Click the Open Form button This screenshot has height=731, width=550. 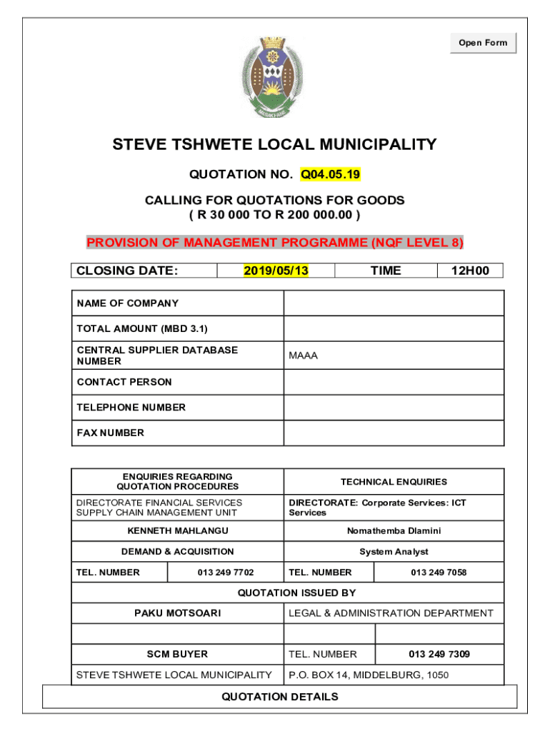(x=483, y=43)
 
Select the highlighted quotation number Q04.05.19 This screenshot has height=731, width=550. (x=330, y=174)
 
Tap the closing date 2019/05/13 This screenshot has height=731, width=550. (x=276, y=271)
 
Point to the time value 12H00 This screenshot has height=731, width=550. (x=469, y=271)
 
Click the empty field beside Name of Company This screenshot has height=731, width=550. (x=394, y=303)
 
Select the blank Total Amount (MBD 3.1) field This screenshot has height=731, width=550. (x=394, y=328)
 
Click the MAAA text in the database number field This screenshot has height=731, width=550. (x=304, y=356)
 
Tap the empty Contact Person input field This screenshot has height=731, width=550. (x=394, y=382)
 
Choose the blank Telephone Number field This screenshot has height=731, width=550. (x=394, y=408)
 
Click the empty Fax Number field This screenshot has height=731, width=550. (x=394, y=433)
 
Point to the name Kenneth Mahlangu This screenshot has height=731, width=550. (x=178, y=531)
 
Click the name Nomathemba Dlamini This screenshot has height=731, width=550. (x=394, y=531)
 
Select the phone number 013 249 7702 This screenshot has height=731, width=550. (x=226, y=573)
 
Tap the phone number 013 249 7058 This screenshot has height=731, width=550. (x=439, y=573)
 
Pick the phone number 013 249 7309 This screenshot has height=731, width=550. (x=439, y=654)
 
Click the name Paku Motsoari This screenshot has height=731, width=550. (x=178, y=613)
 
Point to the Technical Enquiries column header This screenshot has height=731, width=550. (x=394, y=482)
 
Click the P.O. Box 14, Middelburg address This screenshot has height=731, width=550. (x=369, y=675)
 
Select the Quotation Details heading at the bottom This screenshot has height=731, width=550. (x=280, y=697)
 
